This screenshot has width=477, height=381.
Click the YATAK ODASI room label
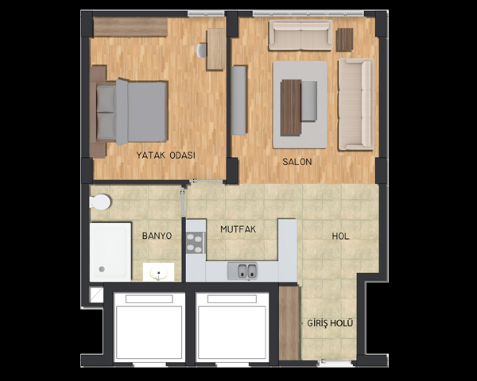click(165, 156)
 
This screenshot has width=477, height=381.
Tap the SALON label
click(297, 162)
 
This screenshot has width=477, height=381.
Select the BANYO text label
click(157, 236)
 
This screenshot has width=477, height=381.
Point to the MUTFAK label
click(238, 229)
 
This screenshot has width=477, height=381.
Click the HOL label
click(340, 236)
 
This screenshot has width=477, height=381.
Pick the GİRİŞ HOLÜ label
click(330, 323)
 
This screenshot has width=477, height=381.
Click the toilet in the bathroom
click(100, 202)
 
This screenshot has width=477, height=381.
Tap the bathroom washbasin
click(158, 272)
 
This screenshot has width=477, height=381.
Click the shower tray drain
click(102, 269)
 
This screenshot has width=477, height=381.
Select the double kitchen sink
click(242, 271)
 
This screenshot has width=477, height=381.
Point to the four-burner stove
click(195, 243)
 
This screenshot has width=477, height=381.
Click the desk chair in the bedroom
click(202, 51)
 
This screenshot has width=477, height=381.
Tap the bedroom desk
click(215, 49)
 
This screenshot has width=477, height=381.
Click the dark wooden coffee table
click(291, 107)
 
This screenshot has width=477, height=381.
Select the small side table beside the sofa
click(345, 40)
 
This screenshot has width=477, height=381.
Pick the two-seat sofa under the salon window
click(301, 35)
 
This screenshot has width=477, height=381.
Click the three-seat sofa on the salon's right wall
click(356, 104)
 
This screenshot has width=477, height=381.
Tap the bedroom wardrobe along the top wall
click(130, 27)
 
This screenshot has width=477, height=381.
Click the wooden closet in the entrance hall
click(290, 323)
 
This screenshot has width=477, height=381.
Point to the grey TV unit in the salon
click(238, 100)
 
